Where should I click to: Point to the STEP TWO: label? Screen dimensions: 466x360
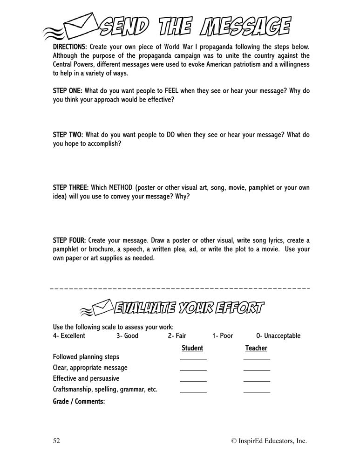(68, 135)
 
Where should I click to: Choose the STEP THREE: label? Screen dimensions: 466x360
(71, 187)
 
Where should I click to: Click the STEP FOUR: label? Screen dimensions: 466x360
(69, 240)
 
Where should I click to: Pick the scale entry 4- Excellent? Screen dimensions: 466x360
(69, 336)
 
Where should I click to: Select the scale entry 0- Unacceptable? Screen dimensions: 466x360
(278, 336)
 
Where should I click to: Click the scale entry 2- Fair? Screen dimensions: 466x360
(177, 336)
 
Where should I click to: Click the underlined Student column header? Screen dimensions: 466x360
(192, 348)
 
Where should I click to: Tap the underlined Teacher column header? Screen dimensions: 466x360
(256, 348)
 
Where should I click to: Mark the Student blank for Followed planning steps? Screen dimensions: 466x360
(193, 358)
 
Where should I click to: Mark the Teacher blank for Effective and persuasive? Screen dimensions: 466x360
(257, 379)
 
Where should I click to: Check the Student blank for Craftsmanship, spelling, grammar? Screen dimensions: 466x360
(193, 390)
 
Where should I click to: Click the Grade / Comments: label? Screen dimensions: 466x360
(79, 401)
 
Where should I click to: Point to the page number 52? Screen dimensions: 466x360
(57, 441)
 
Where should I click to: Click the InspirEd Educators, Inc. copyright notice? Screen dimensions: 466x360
(269, 441)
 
